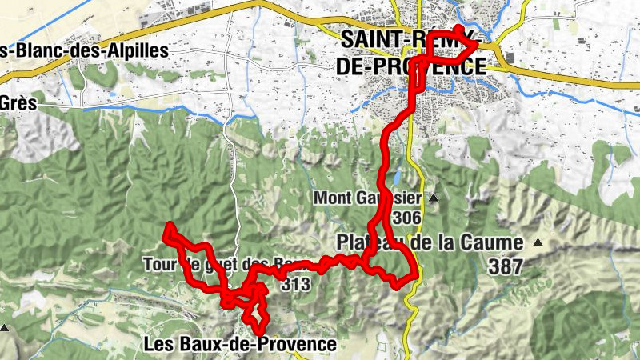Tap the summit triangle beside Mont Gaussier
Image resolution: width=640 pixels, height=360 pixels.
tap(434, 198)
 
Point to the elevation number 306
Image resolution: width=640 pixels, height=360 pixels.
tap(407, 218)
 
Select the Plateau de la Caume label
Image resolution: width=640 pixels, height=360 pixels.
tap(430, 242)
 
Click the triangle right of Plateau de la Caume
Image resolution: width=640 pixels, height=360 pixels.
tap(538, 242)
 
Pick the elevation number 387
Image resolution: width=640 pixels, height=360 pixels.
tap(504, 267)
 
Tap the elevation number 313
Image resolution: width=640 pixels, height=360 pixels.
tap(295, 282)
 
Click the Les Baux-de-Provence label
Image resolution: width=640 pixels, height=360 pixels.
tap(239, 344)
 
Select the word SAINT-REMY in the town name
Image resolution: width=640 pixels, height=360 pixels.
tap(408, 39)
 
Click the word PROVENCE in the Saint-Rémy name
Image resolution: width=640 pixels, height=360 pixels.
tap(436, 66)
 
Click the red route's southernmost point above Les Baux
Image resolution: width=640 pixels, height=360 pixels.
tap(260, 330)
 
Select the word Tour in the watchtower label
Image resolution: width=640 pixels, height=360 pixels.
tap(158, 263)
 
